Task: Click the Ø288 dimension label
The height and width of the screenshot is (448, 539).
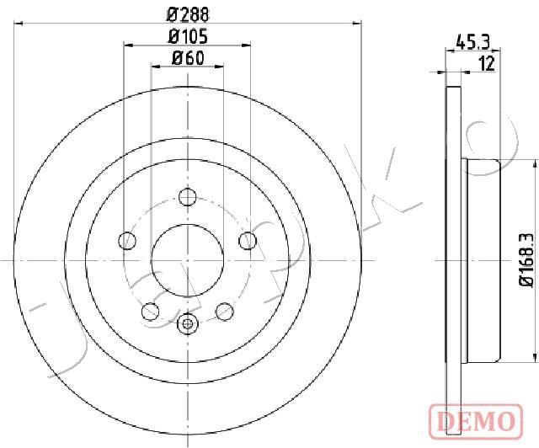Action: coord(188,15)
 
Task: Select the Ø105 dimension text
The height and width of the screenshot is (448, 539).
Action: coord(188,37)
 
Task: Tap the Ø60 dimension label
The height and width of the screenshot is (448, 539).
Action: coord(188,58)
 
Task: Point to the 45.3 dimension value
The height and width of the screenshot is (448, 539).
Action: coord(472,43)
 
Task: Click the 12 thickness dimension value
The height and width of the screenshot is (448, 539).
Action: coord(487,64)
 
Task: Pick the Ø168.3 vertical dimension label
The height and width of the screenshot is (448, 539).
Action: coord(526,260)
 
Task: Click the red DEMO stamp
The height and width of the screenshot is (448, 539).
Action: coord(476,422)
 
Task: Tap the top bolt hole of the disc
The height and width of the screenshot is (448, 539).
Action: coord(187,197)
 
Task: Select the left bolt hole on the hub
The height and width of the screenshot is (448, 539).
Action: coord(127,241)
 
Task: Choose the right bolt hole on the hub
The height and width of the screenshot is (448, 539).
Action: coord(248,241)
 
